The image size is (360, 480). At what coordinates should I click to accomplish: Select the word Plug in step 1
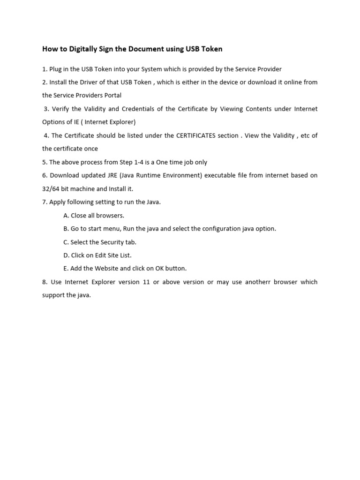[56, 69]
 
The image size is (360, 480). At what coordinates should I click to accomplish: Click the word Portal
[111, 95]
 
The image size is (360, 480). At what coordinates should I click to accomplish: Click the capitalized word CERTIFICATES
[195, 135]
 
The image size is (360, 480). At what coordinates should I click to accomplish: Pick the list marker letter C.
[66, 242]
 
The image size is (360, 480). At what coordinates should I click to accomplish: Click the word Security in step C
[109, 242]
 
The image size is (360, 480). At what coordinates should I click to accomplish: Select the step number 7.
[45, 202]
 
